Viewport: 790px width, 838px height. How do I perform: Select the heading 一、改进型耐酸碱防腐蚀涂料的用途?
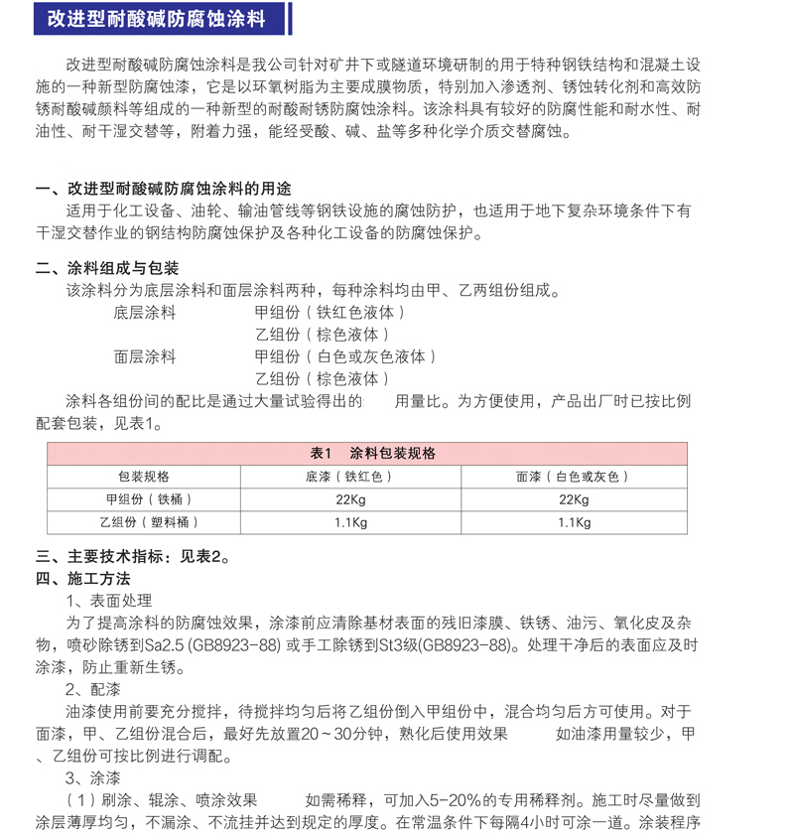164,190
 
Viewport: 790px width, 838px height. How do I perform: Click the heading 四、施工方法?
83,578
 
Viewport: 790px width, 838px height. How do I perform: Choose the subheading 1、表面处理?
109,601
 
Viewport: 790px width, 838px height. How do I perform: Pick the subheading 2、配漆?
93,689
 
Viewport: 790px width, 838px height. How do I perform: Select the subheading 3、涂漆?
93,777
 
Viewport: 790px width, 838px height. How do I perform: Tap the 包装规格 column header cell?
144,477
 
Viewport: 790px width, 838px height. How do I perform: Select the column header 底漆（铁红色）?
350,477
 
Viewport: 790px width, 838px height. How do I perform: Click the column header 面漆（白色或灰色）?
573,477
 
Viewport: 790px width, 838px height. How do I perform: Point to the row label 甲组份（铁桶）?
144,499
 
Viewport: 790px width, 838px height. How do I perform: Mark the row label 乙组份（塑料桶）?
144,522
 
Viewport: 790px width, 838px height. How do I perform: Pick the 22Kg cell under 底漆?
350,499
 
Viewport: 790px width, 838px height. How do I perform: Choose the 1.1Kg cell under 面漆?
573,522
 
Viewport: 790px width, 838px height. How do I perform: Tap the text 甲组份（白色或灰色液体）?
345,356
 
